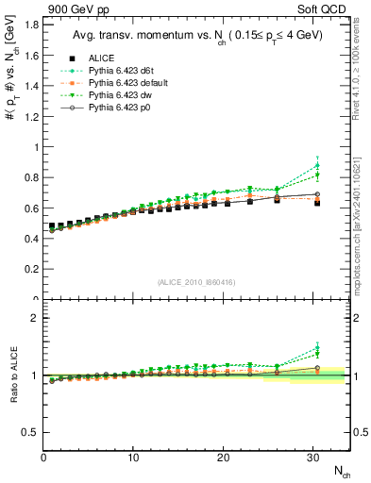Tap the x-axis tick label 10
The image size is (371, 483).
(x=133, y=458)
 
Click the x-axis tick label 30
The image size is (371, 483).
(x=312, y=458)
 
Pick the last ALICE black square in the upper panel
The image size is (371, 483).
(x=316, y=203)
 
